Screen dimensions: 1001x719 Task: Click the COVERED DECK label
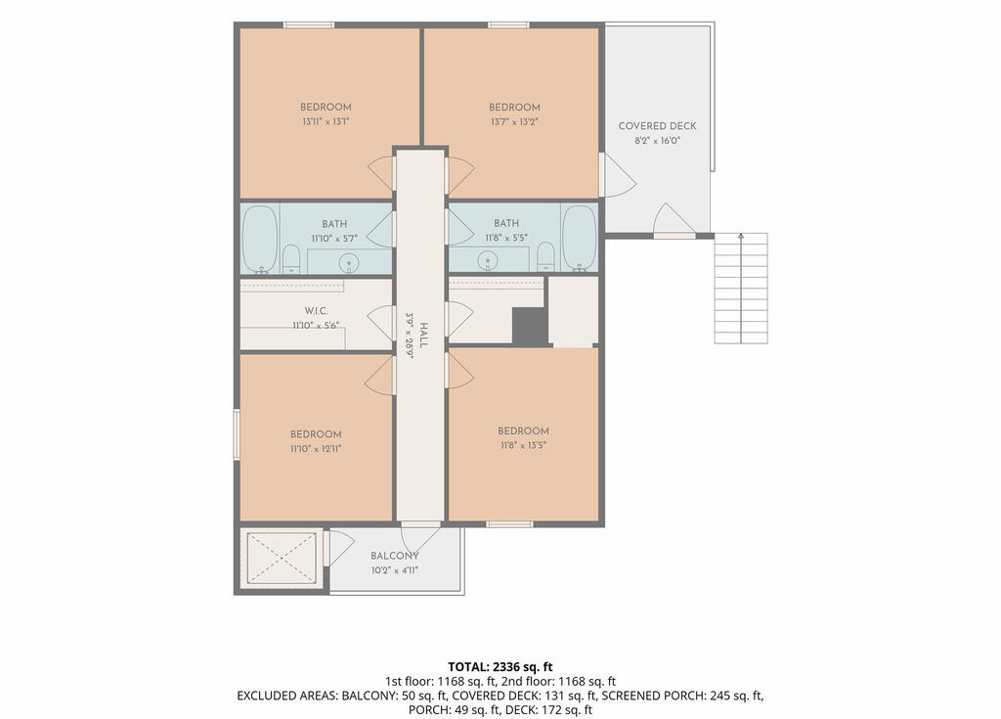657,126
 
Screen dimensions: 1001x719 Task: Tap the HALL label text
423,336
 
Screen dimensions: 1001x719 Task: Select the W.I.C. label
316,311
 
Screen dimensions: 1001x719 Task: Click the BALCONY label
395,556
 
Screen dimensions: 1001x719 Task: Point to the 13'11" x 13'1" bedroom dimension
326,121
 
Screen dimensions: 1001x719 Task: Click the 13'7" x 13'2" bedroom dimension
514,121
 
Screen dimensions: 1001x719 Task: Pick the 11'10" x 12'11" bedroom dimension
316,449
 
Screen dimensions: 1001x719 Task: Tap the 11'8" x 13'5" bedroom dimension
524,445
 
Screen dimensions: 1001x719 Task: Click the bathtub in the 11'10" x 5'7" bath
260,239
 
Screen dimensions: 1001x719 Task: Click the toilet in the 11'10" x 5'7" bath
291,258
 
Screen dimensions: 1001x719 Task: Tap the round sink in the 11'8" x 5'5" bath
489,261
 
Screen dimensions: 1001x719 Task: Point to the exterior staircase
741,289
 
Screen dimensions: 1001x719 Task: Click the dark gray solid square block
530,327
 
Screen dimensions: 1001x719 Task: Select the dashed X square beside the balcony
282,558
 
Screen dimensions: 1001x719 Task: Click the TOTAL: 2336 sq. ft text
500,667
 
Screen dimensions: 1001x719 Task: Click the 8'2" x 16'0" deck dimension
658,141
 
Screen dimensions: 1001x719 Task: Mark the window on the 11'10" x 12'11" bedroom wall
237,434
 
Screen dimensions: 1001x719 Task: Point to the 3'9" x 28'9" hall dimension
410,336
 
